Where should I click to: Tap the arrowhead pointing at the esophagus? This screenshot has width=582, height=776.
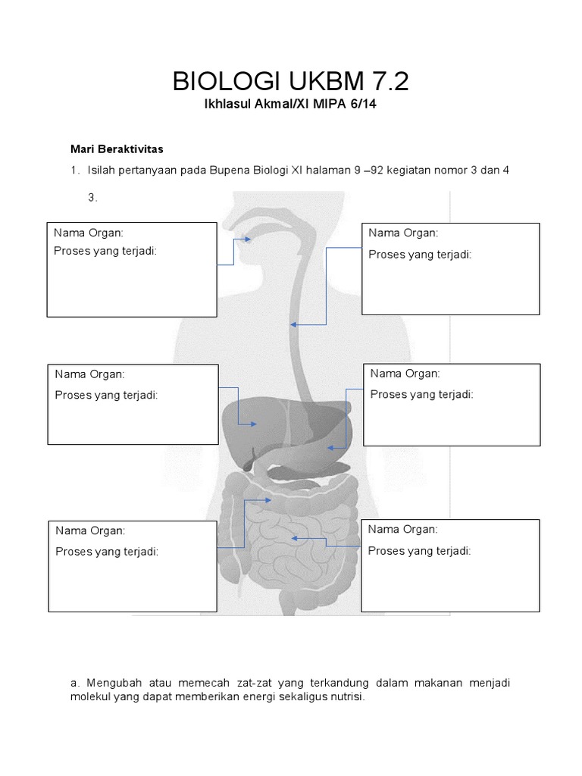pyautogui.click(x=294, y=325)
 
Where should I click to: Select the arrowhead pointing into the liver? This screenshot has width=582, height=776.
pyautogui.click(x=255, y=424)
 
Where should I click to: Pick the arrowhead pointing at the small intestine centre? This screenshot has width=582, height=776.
pyautogui.click(x=294, y=538)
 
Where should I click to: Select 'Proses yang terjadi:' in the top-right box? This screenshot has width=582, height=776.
pyautogui.click(x=420, y=255)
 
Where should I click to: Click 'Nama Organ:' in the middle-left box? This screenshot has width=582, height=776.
pyautogui.click(x=90, y=374)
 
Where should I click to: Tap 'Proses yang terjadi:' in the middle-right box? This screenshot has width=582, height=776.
pyautogui.click(x=421, y=394)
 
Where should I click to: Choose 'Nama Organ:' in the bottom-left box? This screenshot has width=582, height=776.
pyautogui.click(x=90, y=531)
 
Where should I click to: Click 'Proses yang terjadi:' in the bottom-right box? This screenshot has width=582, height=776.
pyautogui.click(x=419, y=551)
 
